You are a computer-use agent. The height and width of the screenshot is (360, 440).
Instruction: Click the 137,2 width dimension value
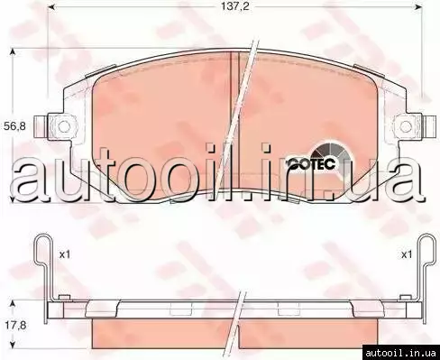pyautogui.click(x=235, y=6)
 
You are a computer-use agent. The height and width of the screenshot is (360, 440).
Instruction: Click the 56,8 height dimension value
pyautogui.click(x=14, y=126)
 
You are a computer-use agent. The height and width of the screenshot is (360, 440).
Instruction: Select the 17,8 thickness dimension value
pyautogui.click(x=15, y=325)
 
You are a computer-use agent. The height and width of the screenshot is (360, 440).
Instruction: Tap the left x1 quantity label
pyautogui.click(x=64, y=255)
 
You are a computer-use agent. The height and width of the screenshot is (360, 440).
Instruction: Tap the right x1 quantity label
pyautogui.click(x=407, y=255)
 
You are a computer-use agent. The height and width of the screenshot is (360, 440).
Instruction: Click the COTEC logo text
pyautogui.click(x=311, y=164)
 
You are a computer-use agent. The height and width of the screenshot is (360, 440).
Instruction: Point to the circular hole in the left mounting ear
pyautogui.click(x=64, y=126)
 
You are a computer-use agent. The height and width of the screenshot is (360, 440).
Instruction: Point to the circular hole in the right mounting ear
pyautogui.click(x=406, y=126)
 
